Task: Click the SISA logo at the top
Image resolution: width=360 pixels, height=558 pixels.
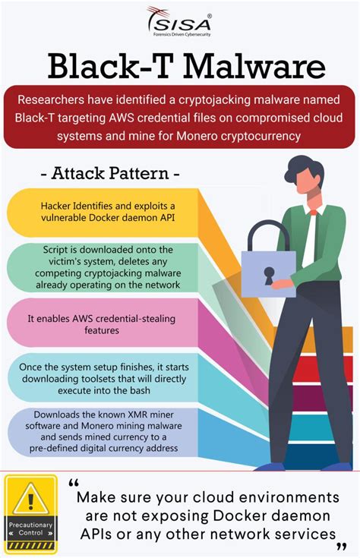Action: click(x=179, y=22)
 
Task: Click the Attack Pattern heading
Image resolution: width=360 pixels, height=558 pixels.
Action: click(x=110, y=173)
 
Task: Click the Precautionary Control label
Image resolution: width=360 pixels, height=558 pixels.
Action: click(x=30, y=528)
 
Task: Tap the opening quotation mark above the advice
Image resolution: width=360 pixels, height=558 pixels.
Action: click(x=73, y=483)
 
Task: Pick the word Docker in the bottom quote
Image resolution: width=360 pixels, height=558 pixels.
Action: click(x=257, y=515)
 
